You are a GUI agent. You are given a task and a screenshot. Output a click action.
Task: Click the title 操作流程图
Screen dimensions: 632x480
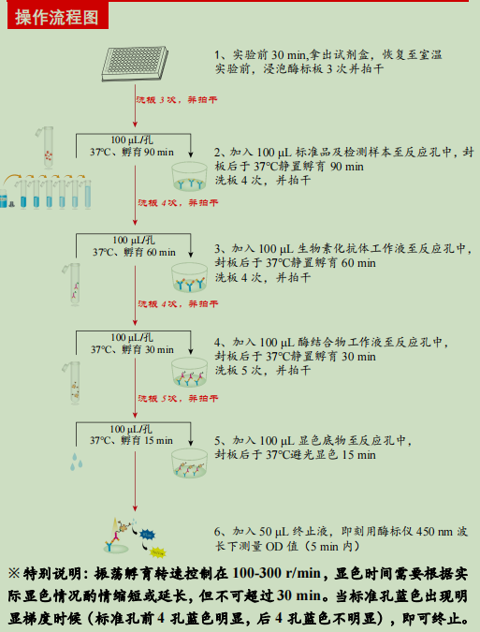click(x=57, y=14)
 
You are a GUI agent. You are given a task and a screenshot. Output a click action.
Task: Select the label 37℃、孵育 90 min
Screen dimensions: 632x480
click(x=132, y=152)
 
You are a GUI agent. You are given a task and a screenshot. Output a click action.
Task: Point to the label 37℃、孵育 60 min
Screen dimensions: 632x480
click(x=133, y=252)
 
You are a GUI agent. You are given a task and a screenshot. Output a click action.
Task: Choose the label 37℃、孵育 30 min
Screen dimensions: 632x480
click(x=132, y=349)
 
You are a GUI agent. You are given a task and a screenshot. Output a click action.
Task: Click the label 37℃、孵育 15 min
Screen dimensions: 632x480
click(x=132, y=439)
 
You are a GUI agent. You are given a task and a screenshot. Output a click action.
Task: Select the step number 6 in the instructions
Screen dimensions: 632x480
click(x=218, y=530)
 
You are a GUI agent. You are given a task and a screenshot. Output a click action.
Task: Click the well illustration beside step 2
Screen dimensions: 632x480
click(x=191, y=177)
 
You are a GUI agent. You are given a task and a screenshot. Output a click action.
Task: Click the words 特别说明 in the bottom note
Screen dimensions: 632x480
click(x=48, y=573)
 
